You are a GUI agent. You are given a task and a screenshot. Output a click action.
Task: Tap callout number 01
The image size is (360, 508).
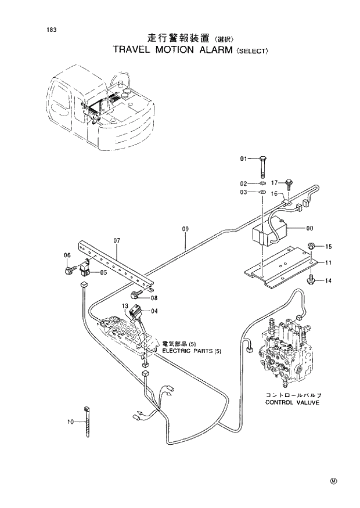coord(244,158)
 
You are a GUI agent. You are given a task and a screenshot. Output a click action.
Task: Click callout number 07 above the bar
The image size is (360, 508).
coord(117,240)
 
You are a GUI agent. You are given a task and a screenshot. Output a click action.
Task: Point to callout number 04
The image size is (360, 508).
coord(154,311)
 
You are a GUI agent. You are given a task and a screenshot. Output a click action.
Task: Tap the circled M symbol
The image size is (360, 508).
coord(333,480)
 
